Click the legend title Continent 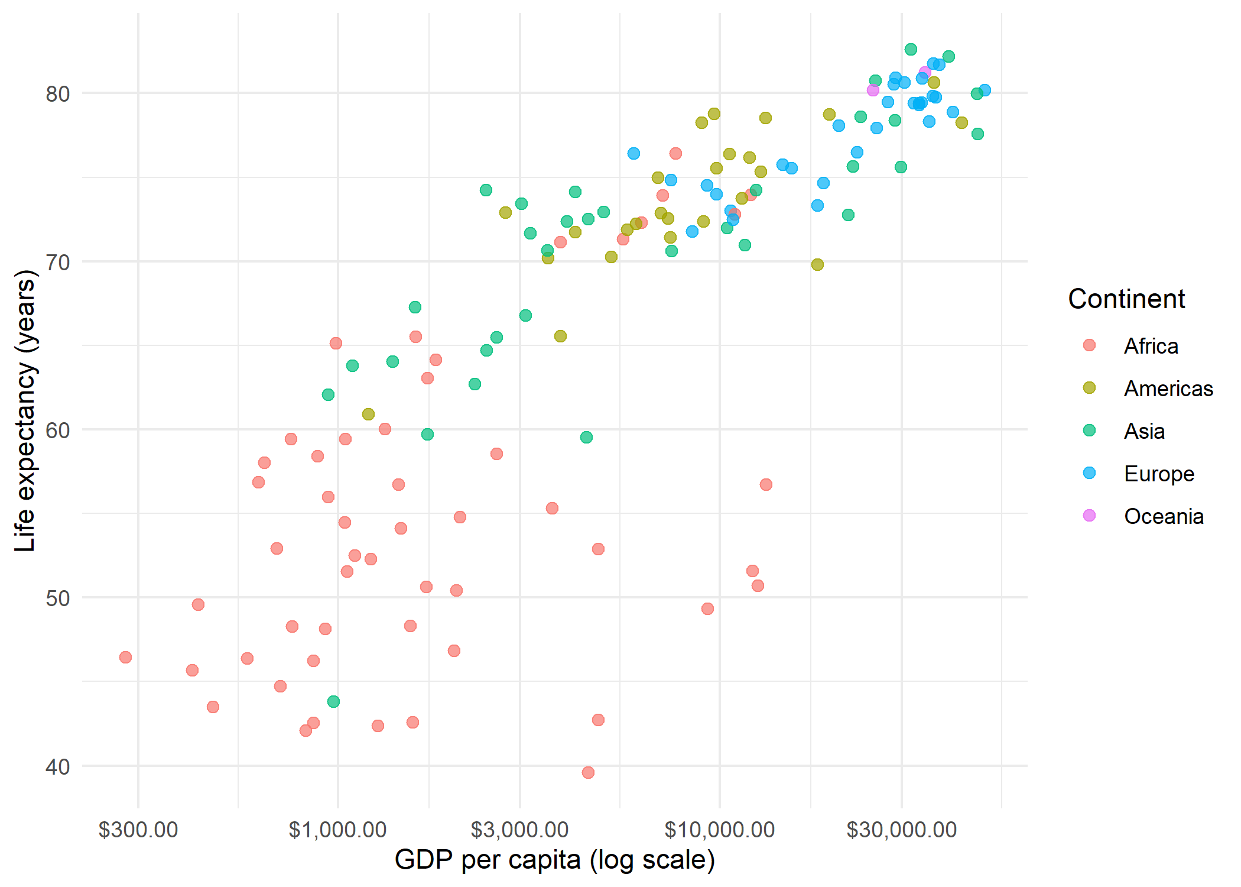pos(1126,299)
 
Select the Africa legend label pos(1151,346)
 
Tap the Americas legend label pos(1168,389)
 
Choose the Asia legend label pos(1144,431)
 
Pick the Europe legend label pos(1159,474)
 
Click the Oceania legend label pos(1164,516)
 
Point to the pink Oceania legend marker pos(1089,516)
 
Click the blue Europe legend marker pos(1089,473)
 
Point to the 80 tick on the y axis pos(57,93)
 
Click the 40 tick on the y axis pos(57,767)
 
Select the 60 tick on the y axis pos(57,430)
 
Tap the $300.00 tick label pos(138,830)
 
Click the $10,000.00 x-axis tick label pos(719,830)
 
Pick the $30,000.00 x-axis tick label pos(901,830)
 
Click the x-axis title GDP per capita pos(555,860)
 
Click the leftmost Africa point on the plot pos(125,657)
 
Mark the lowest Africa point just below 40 pos(588,772)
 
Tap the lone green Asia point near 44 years pos(333,701)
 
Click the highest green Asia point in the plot pos(911,49)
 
